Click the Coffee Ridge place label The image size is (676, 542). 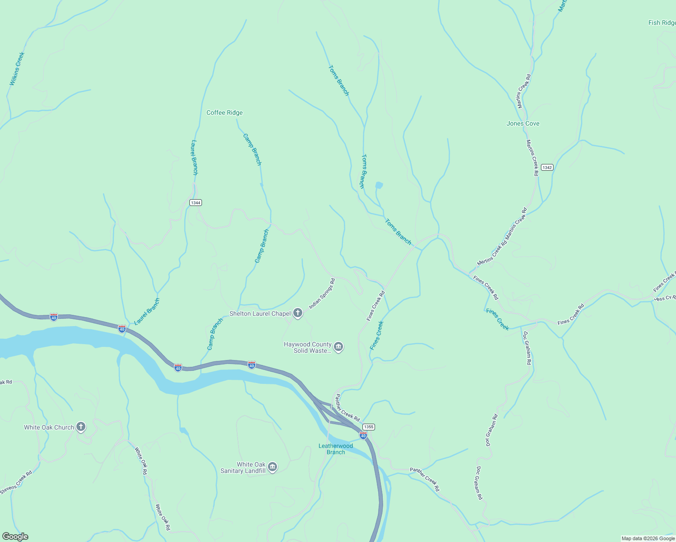pyautogui.click(x=225, y=112)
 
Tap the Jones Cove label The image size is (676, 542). pyautogui.click(x=523, y=123)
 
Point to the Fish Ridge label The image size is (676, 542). pyautogui.click(x=662, y=23)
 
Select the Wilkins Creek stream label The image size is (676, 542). pyautogui.click(x=17, y=69)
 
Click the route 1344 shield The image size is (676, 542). pyautogui.click(x=195, y=202)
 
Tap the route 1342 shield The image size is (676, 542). pyautogui.click(x=547, y=167)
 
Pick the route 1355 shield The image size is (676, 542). pyautogui.click(x=368, y=427)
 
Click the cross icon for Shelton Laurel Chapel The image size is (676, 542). pyautogui.click(x=297, y=313)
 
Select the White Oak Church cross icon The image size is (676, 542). pyautogui.click(x=81, y=427)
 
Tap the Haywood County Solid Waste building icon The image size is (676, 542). pyautogui.click(x=338, y=347)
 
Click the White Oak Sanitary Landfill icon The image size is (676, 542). pyautogui.click(x=272, y=467)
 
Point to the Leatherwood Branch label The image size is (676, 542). pyautogui.click(x=336, y=449)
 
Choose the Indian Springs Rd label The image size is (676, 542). pyautogui.click(x=322, y=294)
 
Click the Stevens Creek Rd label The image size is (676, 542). pyautogui.click(x=16, y=482)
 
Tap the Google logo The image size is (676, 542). pyautogui.click(x=15, y=537)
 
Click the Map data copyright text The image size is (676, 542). pyautogui.click(x=648, y=538)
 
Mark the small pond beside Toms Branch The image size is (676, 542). pyautogui.click(x=379, y=185)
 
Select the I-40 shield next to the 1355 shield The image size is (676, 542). pyautogui.click(x=363, y=435)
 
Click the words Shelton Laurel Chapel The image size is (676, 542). pyautogui.click(x=260, y=313)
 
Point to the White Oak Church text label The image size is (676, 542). pyautogui.click(x=49, y=427)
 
